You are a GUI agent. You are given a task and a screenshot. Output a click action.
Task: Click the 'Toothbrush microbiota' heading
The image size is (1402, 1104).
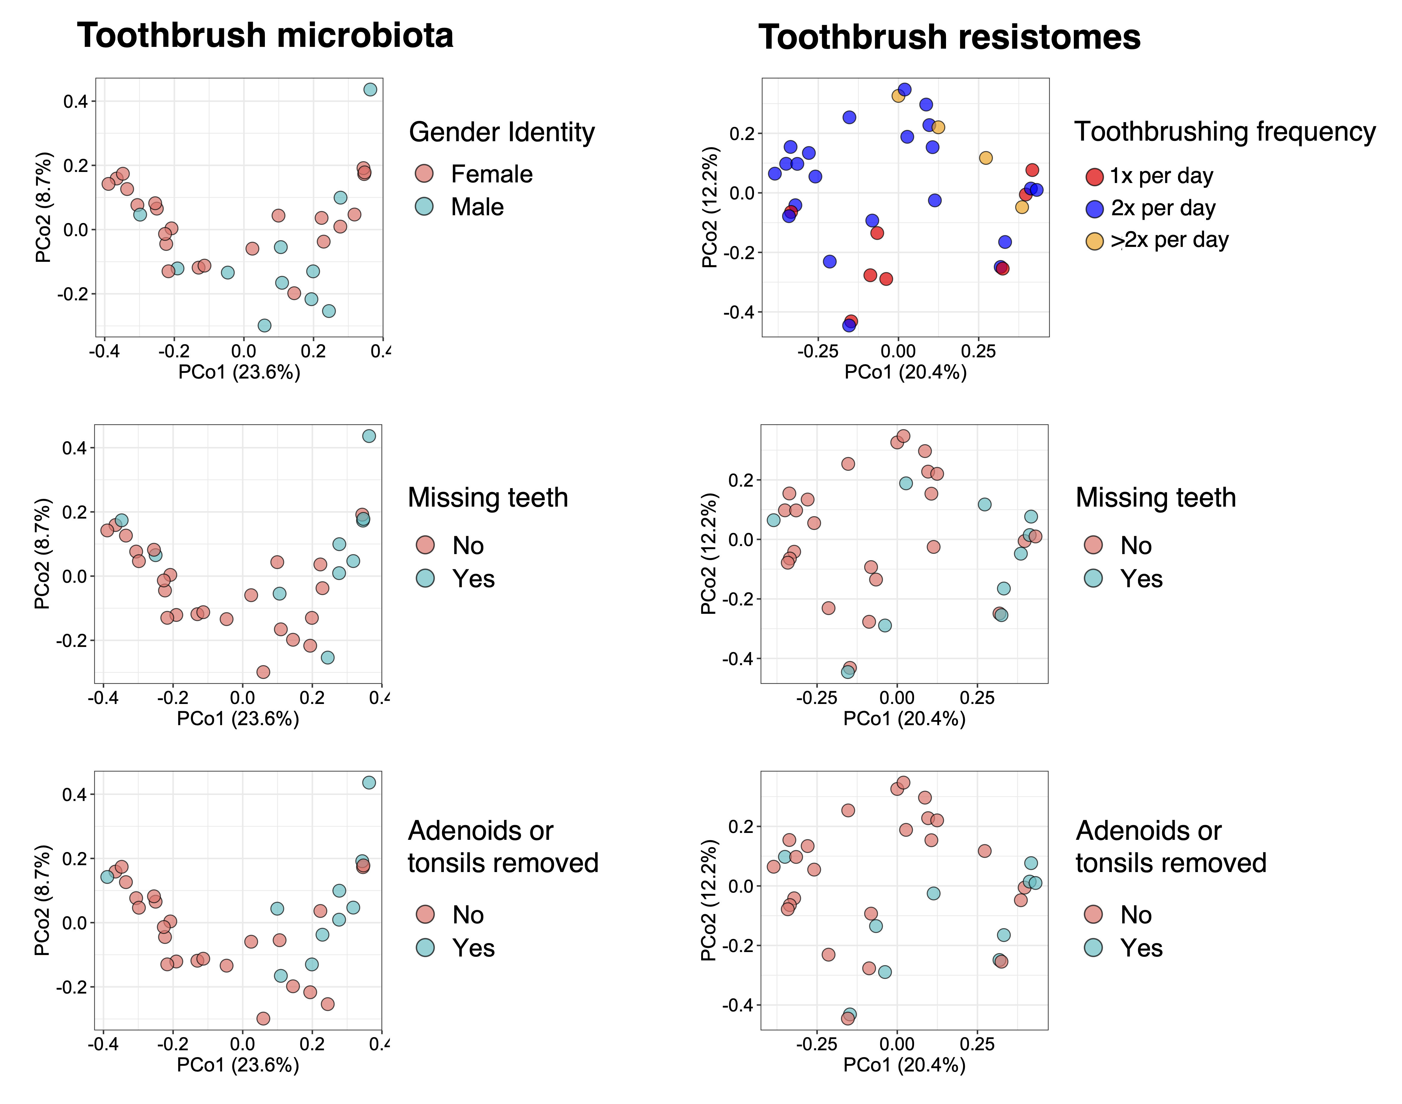pos(265,36)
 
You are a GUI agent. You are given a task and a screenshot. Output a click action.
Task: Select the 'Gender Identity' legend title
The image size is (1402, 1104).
pos(502,133)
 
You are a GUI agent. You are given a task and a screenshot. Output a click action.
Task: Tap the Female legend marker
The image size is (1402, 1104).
pos(424,173)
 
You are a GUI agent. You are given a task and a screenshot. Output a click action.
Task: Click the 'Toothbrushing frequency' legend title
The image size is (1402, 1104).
pos(1225,132)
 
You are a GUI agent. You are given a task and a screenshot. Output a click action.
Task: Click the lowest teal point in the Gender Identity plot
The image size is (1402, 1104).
pos(264,325)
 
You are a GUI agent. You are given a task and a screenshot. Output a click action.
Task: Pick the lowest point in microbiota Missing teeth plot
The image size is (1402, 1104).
pos(263,672)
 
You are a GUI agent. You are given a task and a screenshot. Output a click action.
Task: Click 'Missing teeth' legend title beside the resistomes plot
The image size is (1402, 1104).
pos(1156,498)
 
